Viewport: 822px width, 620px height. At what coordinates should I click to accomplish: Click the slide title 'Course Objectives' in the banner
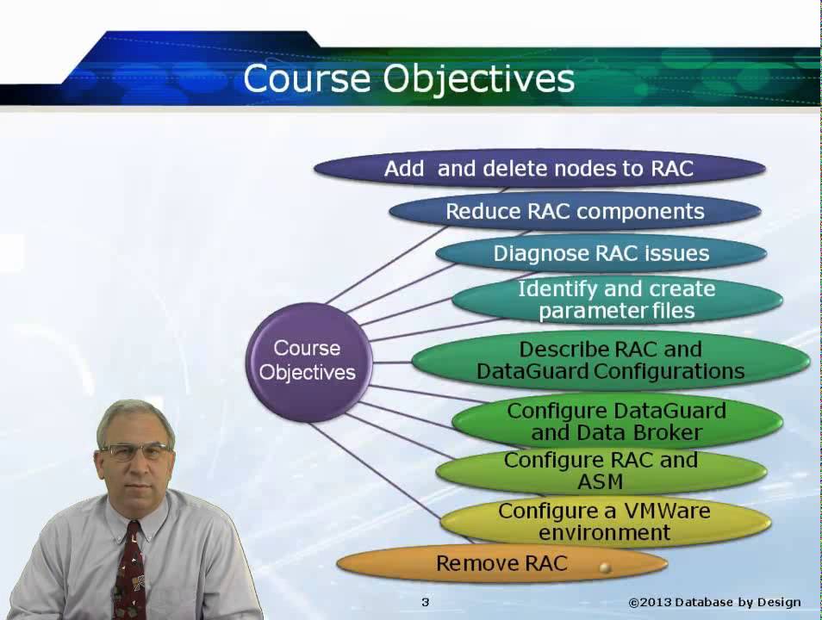[x=409, y=78]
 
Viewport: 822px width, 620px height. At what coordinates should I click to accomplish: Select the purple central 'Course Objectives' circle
[x=308, y=363]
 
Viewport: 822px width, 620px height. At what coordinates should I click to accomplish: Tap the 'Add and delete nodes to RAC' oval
[x=539, y=169]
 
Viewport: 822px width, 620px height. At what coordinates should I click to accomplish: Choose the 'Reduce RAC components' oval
[x=575, y=212]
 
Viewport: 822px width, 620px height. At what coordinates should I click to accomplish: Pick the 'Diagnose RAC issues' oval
[x=601, y=254]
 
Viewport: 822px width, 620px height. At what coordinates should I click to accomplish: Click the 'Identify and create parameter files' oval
[x=617, y=300]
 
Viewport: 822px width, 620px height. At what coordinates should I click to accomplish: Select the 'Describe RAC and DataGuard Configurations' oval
[x=611, y=361]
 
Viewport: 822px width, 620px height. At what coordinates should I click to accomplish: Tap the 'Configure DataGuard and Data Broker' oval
[x=617, y=422]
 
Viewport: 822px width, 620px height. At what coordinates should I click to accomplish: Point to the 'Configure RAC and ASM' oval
[x=601, y=471]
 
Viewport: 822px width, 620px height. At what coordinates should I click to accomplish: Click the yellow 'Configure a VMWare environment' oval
[x=606, y=522]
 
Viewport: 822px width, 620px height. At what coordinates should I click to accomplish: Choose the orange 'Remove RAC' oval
[x=501, y=564]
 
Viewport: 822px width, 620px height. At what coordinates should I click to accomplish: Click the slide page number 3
[x=425, y=602]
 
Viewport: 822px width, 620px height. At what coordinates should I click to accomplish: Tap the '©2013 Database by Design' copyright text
[x=714, y=603]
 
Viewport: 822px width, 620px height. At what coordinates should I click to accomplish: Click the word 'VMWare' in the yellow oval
[x=667, y=511]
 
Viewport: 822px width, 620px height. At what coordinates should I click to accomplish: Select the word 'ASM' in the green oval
[x=601, y=481]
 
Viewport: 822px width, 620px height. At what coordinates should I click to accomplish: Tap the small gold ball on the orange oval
[x=606, y=567]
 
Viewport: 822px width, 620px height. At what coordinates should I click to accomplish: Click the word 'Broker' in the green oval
[x=668, y=433]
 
